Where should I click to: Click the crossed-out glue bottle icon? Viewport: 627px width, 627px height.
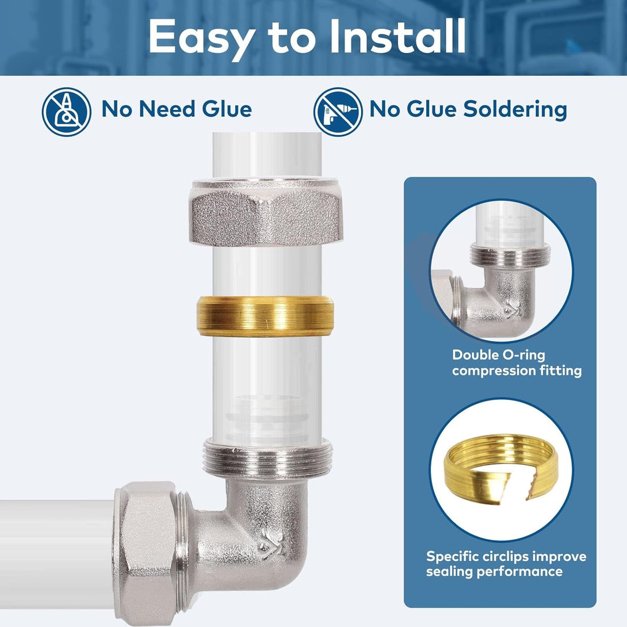click(x=66, y=112)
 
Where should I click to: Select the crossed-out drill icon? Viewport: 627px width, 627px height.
click(x=338, y=112)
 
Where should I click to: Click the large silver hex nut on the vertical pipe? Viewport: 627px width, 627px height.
click(x=266, y=211)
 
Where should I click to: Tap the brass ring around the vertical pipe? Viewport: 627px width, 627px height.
click(x=265, y=316)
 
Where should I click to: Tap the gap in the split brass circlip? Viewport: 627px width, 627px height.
click(x=519, y=485)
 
